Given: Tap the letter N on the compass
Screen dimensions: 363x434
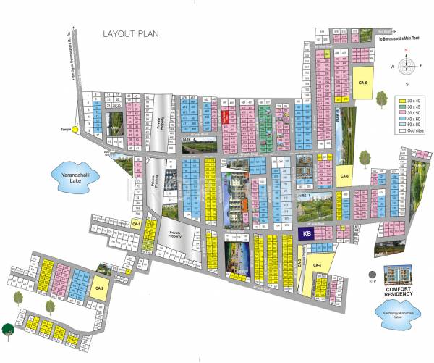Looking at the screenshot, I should (x=407, y=51).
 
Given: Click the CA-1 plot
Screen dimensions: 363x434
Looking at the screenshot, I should (x=136, y=225).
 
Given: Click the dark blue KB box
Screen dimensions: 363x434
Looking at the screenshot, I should (x=306, y=234).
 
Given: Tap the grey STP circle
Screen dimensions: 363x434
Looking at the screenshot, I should (x=371, y=274).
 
